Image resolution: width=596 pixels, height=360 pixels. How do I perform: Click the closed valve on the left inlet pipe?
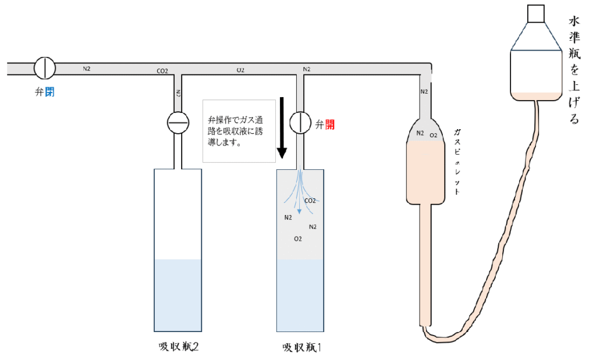(x=44, y=68)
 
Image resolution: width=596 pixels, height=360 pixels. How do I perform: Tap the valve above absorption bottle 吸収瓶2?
(x=178, y=123)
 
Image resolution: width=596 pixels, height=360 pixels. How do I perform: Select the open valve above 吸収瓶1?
(x=300, y=123)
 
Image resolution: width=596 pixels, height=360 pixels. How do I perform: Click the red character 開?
(x=330, y=124)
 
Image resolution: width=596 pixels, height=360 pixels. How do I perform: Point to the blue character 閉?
(x=50, y=92)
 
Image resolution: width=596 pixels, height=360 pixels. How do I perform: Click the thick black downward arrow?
(x=282, y=128)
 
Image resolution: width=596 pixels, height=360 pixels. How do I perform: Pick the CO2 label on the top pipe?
(x=162, y=72)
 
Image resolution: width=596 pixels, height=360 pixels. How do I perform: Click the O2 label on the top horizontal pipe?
(x=240, y=70)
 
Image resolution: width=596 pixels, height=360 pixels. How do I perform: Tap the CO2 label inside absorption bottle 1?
(x=310, y=201)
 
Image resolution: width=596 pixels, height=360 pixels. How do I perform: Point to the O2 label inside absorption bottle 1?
(x=298, y=238)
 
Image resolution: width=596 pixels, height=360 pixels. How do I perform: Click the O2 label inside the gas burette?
(x=433, y=135)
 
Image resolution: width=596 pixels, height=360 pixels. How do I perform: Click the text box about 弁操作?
(x=238, y=130)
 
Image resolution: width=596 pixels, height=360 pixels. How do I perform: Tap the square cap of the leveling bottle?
(x=535, y=13)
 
